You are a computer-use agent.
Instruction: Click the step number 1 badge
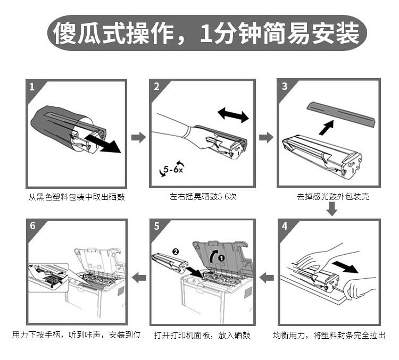(31, 87)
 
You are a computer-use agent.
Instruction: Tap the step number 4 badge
(285, 225)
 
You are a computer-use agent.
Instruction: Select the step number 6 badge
(32, 225)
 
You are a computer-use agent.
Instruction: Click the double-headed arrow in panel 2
(233, 115)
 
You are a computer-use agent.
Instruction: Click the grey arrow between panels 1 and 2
(139, 138)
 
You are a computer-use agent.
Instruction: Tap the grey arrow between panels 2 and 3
(266, 138)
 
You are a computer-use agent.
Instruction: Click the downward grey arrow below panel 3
(332, 209)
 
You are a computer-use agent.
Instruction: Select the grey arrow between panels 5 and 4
(267, 278)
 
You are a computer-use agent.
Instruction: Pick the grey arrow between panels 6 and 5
(139, 278)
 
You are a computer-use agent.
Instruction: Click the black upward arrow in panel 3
(327, 128)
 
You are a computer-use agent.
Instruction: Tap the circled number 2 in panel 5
(176, 252)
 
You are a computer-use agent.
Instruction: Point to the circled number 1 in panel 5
(221, 258)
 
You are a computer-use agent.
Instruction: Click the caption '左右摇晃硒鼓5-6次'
(203, 197)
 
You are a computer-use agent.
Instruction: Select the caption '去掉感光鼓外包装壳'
(333, 196)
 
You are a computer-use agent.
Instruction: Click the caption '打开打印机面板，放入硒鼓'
(202, 335)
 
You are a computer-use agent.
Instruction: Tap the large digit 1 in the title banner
(206, 33)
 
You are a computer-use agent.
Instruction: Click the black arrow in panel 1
(103, 144)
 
